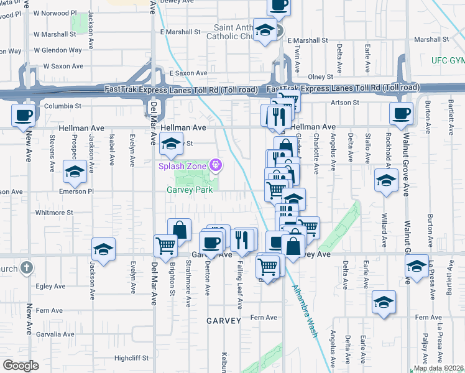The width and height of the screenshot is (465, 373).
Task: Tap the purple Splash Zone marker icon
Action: (216, 165)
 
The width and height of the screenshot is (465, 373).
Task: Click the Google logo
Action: (21, 366)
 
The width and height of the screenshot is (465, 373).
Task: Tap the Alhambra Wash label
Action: (305, 311)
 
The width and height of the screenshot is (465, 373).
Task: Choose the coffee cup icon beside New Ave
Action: (24, 116)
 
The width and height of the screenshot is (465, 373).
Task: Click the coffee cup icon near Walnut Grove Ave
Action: (400, 114)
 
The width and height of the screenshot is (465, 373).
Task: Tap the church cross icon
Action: (25, 268)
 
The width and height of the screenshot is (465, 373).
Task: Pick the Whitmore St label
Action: (54, 213)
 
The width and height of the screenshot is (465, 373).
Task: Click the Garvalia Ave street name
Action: (58, 334)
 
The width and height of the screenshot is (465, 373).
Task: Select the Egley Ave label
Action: (51, 287)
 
